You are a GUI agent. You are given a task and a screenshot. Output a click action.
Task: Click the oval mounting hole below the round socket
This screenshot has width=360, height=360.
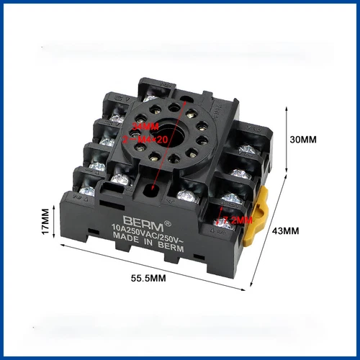[x=151, y=189]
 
